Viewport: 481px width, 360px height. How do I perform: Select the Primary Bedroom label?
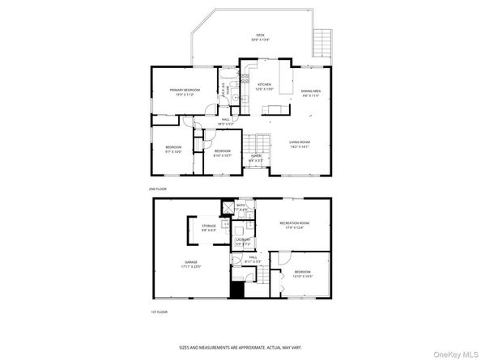click(x=185, y=91)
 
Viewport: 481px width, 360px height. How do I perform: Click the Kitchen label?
click(x=265, y=86)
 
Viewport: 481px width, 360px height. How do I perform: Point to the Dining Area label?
click(x=312, y=93)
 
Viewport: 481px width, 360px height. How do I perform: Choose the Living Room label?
click(x=300, y=144)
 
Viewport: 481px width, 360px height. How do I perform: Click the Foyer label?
click(x=255, y=157)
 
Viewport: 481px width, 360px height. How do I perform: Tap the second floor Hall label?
click(x=227, y=122)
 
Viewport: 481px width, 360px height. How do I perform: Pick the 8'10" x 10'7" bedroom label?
click(x=222, y=153)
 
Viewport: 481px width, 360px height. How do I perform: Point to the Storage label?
click(x=198, y=228)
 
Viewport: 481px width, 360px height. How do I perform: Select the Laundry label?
click(x=242, y=241)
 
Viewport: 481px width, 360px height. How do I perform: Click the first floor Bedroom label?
click(x=302, y=273)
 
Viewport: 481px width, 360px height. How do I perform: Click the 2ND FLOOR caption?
click(x=157, y=188)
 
